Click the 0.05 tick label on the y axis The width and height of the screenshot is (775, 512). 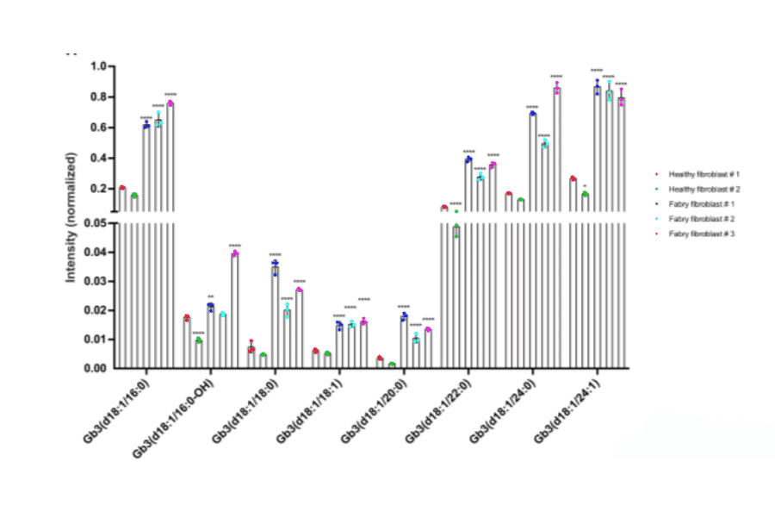pyautogui.click(x=95, y=223)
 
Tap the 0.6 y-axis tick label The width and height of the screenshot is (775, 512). pyautogui.click(x=97, y=128)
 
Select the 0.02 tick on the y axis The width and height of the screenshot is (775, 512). pyautogui.click(x=95, y=310)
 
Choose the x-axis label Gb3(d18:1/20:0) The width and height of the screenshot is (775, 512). pyautogui.click(x=373, y=412)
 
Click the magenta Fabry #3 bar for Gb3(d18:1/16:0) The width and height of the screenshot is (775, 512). pyautogui.click(x=170, y=233)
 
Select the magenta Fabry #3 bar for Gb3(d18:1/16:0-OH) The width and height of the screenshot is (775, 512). pyautogui.click(x=234, y=310)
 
